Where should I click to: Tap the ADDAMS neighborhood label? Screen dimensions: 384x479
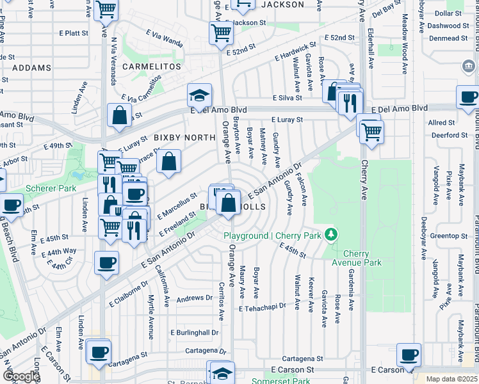[x=31, y=67]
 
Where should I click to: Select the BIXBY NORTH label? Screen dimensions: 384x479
[x=184, y=138]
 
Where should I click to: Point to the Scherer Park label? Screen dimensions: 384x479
[x=51, y=188]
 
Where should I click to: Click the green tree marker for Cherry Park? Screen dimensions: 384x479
[x=331, y=235]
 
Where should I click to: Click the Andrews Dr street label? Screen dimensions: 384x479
[x=194, y=298]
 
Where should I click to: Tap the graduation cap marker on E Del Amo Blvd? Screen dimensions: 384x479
[x=200, y=96]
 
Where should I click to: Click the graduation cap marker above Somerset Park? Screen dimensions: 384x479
[x=222, y=372]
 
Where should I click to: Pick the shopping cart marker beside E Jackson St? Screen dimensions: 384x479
[x=221, y=31]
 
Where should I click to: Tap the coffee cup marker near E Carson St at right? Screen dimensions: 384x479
[x=409, y=354]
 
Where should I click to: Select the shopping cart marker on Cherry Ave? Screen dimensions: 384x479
[x=369, y=131]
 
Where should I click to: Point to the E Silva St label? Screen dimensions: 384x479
[x=287, y=98]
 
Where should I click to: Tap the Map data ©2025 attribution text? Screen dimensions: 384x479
[x=451, y=379]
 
